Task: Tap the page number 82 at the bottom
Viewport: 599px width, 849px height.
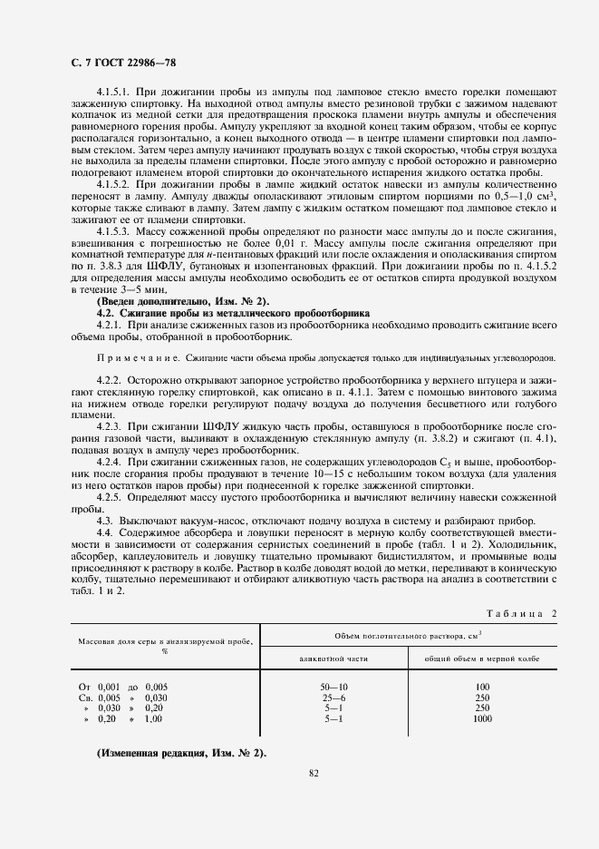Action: pos(314,774)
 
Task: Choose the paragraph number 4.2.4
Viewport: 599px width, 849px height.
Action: pos(109,463)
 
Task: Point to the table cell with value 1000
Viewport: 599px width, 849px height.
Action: pos(482,718)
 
